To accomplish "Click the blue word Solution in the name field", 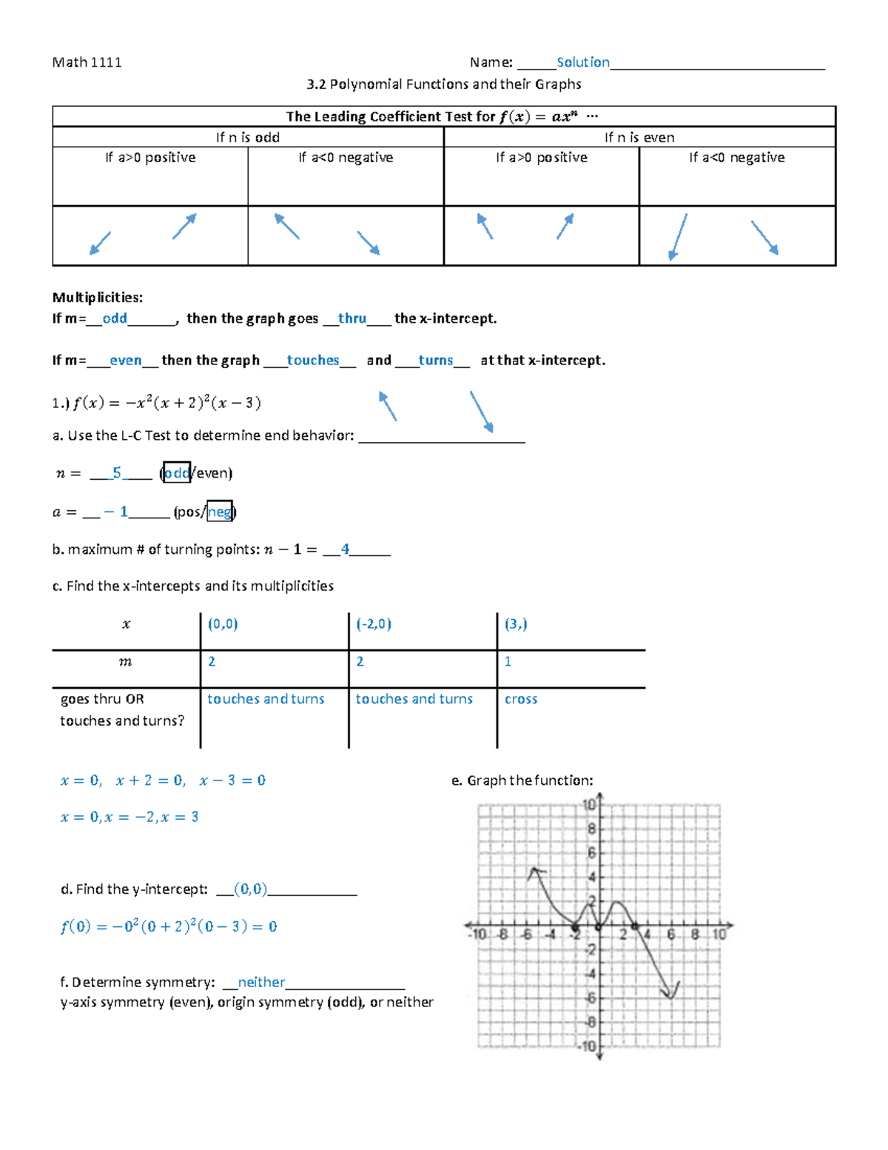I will click(582, 62).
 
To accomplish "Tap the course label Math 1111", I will click(87, 62).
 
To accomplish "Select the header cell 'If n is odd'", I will click(247, 137).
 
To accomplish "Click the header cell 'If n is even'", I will click(639, 137).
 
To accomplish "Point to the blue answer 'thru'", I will click(351, 318).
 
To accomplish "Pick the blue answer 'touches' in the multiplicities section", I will click(312, 360).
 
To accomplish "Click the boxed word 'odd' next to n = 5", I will click(177, 472).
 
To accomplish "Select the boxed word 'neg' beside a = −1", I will click(219, 512).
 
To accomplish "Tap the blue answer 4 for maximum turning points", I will click(345, 549).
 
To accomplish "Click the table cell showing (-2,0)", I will click(374, 624).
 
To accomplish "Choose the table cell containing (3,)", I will click(516, 624).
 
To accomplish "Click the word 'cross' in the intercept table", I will click(521, 699).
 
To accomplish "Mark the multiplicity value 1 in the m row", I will click(508, 661).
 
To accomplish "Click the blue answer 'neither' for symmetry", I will click(261, 982).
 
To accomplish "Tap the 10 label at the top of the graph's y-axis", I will click(589, 805).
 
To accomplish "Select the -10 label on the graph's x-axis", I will click(478, 935).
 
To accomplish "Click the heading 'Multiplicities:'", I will click(97, 297).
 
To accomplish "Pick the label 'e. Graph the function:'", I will click(522, 780).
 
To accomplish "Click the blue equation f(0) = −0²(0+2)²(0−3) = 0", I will click(169, 926).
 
